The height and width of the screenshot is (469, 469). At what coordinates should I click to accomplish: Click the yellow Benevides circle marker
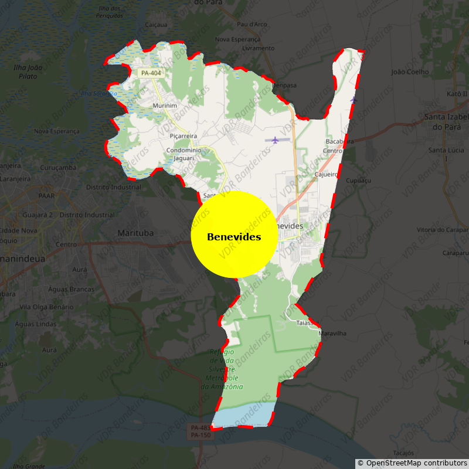(x=234, y=235)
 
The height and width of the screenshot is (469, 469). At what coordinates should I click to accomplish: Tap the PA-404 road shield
(x=151, y=73)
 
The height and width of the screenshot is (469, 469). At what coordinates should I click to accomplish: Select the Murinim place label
(x=164, y=106)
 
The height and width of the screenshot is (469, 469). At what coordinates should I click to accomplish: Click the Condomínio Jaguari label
(x=184, y=154)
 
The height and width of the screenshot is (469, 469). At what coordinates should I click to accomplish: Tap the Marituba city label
(x=135, y=233)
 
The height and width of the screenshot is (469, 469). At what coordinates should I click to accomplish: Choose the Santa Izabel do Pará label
(x=446, y=122)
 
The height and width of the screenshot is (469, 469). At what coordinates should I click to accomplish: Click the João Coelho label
(x=410, y=72)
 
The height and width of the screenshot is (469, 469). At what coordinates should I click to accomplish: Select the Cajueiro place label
(x=327, y=175)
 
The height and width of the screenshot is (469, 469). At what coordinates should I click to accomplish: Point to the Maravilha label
(x=332, y=334)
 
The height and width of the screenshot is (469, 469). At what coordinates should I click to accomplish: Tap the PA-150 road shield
(x=200, y=436)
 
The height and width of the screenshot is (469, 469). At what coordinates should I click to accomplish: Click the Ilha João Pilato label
(x=28, y=72)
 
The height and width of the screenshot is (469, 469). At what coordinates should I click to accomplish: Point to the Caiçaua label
(x=156, y=25)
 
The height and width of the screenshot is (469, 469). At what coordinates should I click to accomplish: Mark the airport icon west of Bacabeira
(x=275, y=140)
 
